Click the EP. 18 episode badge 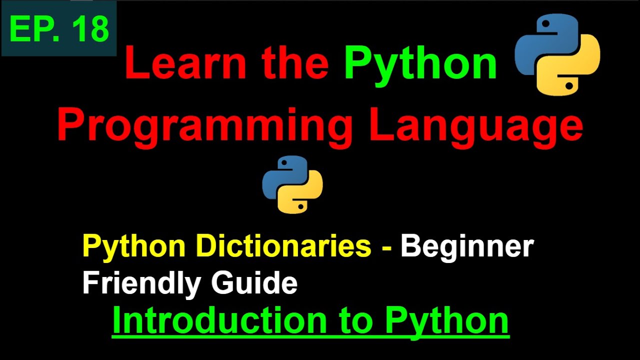coord(59,28)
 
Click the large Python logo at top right coord(557,54)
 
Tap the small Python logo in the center coord(292,184)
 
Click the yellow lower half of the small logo coord(302,197)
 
